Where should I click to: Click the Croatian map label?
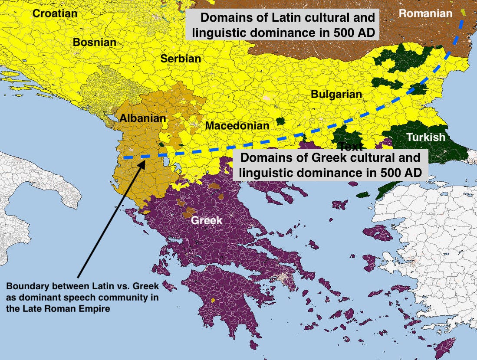click(55, 13)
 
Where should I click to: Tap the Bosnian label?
click(95, 43)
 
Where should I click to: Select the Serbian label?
click(181, 59)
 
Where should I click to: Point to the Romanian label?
click(425, 13)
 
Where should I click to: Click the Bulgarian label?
click(336, 94)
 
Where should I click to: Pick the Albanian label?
click(143, 118)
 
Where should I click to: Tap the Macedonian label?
click(237, 126)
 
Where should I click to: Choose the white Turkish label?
click(426, 137)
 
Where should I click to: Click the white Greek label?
click(207, 220)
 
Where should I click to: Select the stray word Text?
click(350, 146)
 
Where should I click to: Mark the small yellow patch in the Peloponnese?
click(213, 300)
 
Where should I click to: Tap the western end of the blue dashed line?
click(125, 157)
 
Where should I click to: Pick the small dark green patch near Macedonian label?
click(280, 121)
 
